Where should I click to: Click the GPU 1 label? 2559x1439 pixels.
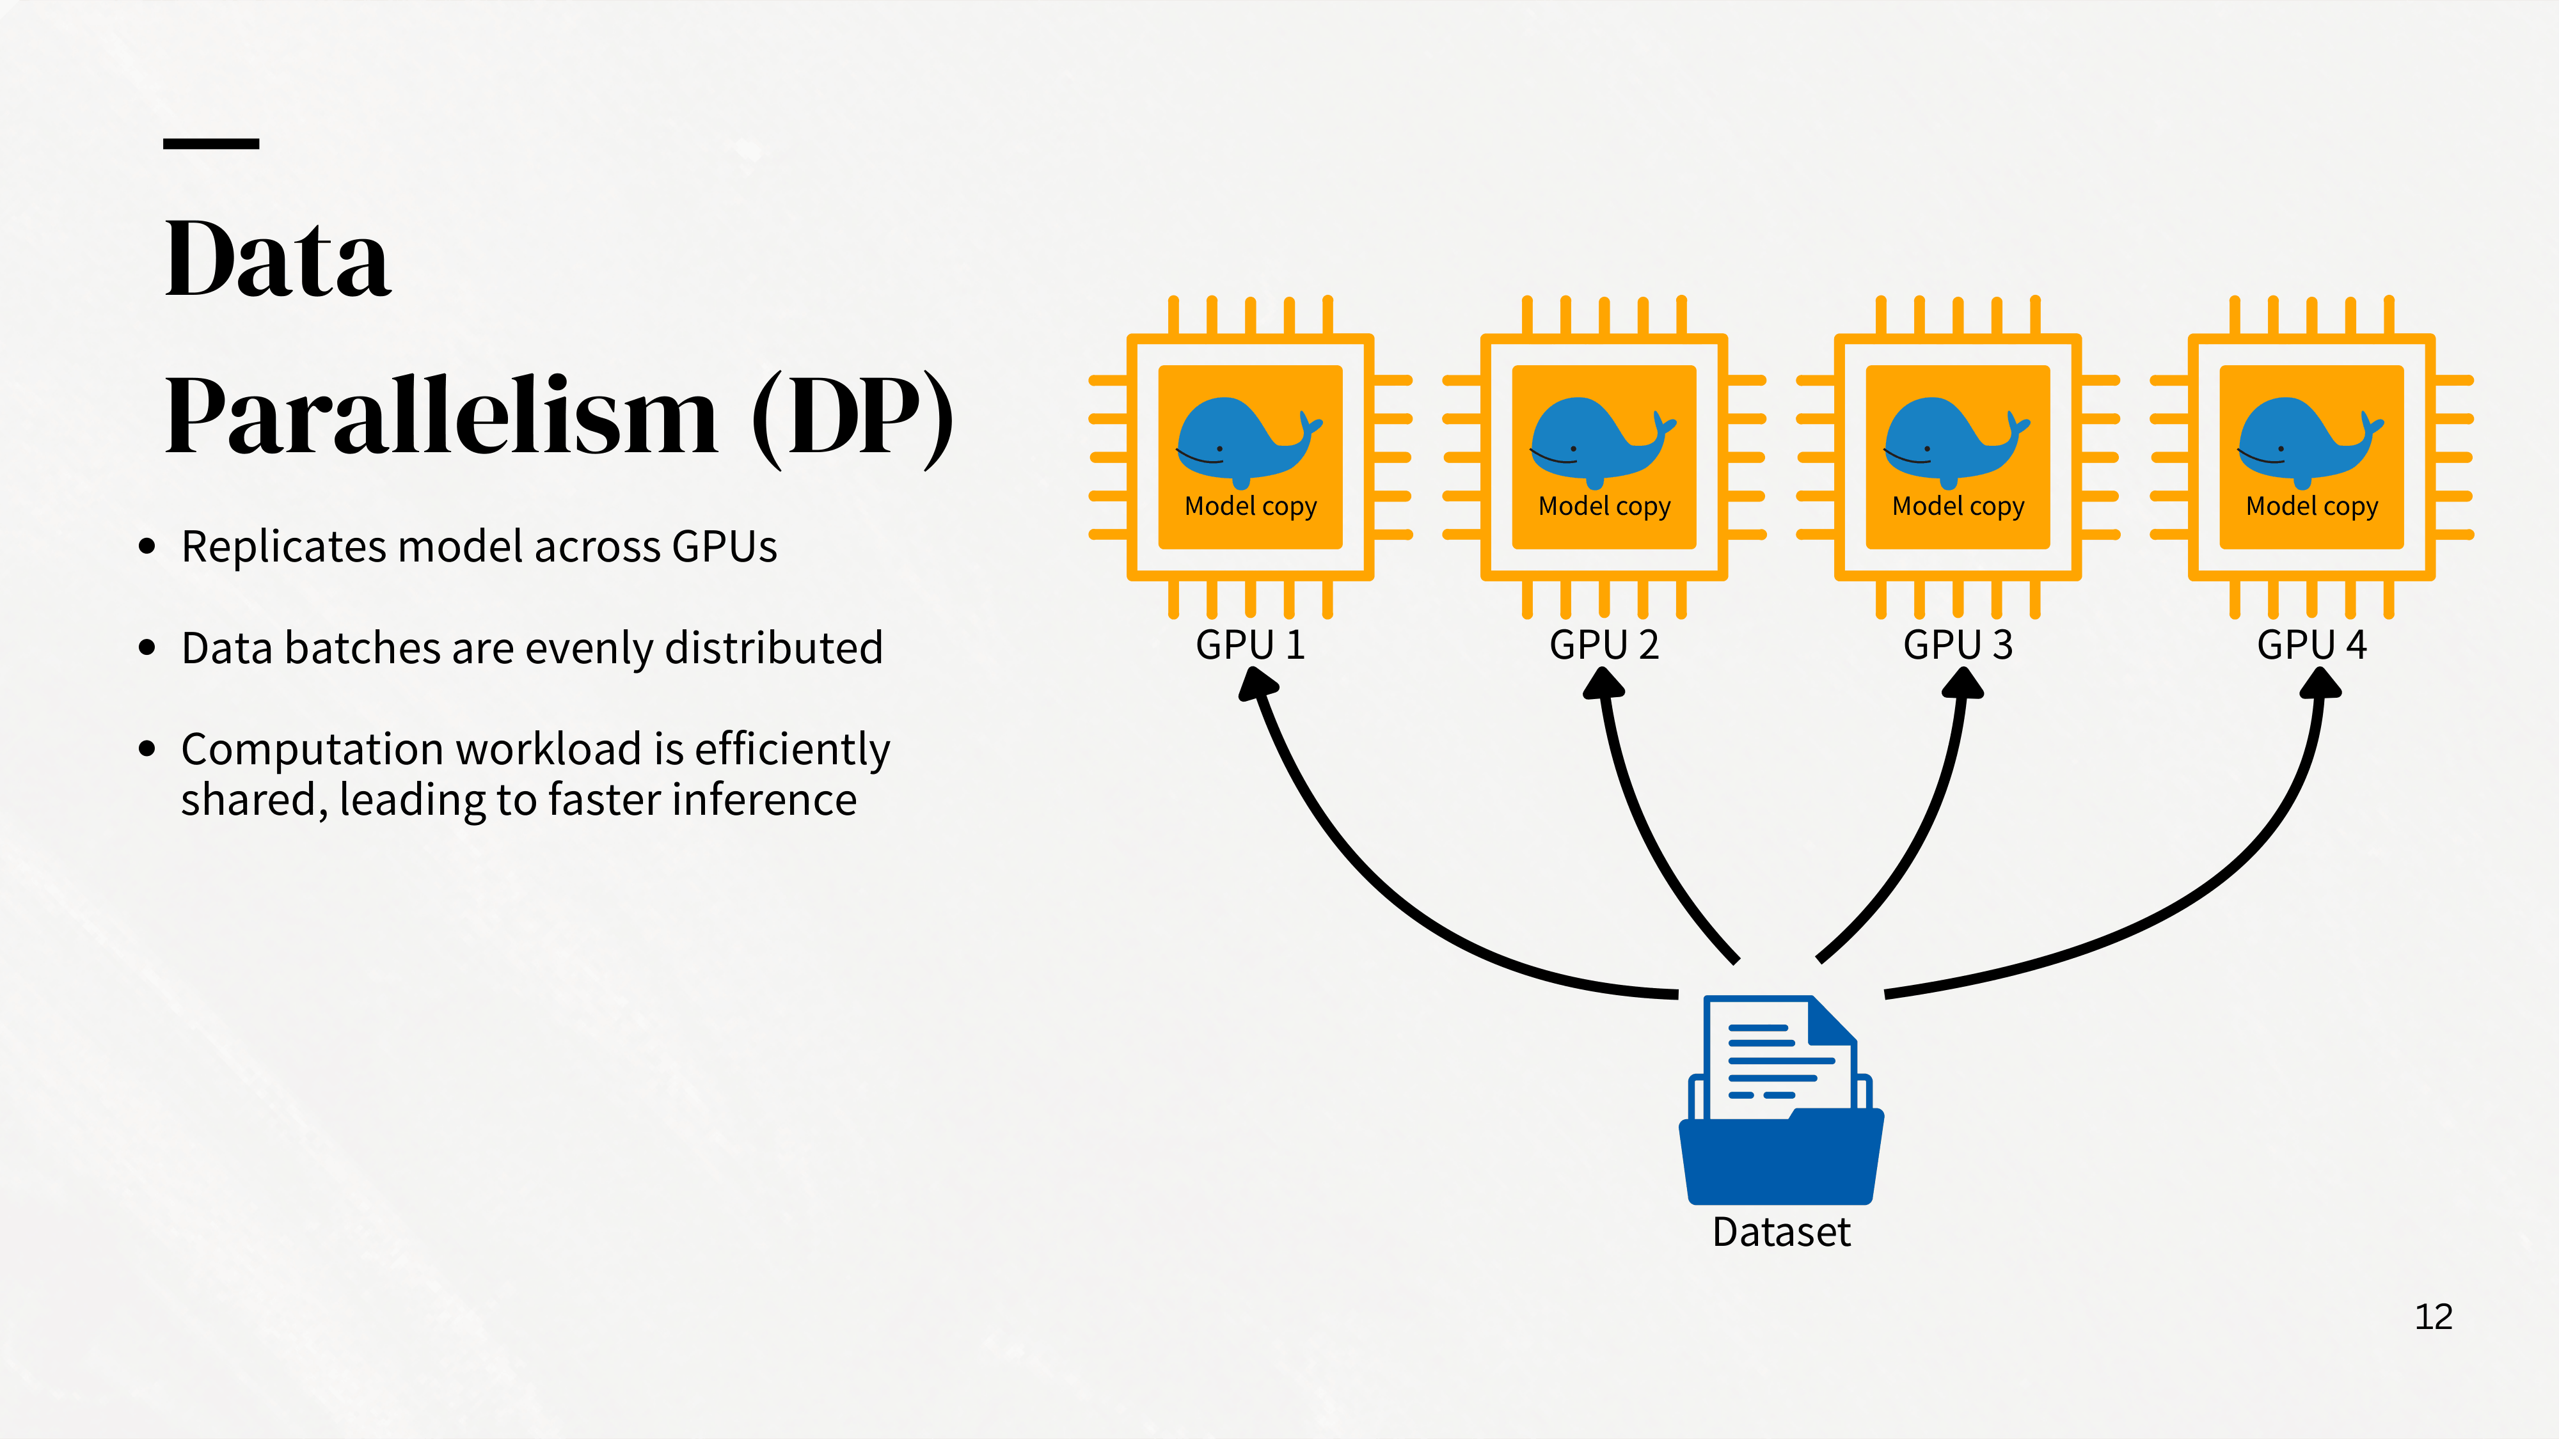1249,645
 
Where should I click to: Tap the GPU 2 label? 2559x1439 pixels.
1603,645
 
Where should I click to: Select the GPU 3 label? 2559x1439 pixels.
1957,645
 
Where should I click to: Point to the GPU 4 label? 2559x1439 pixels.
2311,645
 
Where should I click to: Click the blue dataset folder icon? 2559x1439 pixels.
1781,1100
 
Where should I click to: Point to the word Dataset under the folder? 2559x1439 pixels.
1781,1232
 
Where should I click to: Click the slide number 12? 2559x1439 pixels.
2433,1317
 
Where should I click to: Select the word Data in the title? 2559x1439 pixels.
278,258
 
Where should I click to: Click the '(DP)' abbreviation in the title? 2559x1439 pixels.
852,417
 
